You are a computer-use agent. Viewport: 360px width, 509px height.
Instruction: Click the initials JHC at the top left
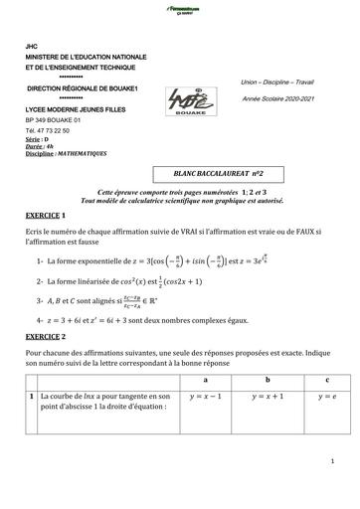(x=32, y=47)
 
